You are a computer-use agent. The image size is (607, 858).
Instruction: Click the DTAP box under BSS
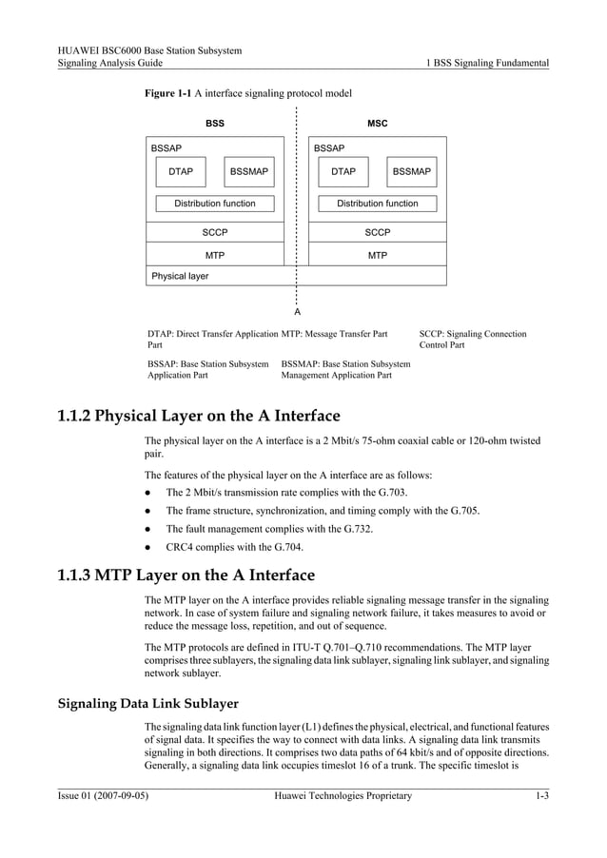(x=181, y=172)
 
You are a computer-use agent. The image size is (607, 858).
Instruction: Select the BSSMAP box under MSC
(x=411, y=172)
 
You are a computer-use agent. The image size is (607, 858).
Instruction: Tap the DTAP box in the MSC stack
(x=343, y=172)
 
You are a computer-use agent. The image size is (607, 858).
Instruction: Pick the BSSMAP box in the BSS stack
(x=248, y=172)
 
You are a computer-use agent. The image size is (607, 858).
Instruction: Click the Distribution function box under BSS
(x=214, y=204)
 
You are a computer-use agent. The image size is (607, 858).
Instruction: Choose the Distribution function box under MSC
(x=378, y=204)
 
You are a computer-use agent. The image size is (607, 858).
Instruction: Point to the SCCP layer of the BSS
(x=215, y=232)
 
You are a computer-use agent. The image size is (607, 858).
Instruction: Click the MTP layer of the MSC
(x=378, y=255)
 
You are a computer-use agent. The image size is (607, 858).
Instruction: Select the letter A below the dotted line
(x=297, y=312)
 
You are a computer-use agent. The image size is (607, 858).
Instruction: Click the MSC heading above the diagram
(x=378, y=124)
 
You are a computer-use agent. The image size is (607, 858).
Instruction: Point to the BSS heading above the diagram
(x=215, y=124)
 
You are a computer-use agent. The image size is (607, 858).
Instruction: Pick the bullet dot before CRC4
(x=148, y=547)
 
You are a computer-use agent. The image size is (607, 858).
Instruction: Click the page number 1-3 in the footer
(x=540, y=795)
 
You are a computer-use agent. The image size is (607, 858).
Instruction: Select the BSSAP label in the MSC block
(x=329, y=148)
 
